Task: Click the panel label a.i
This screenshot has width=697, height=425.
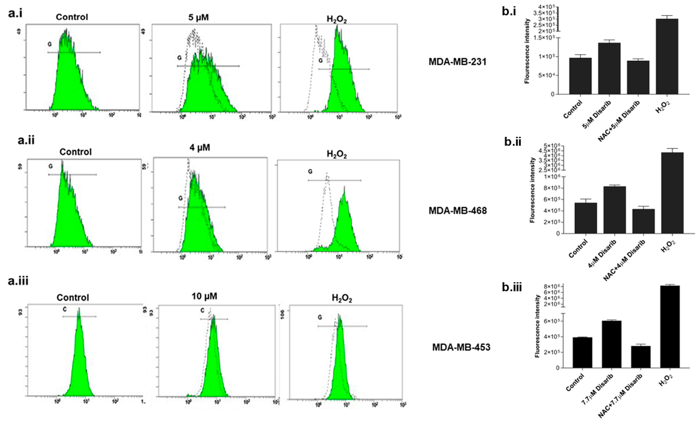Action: click(15, 13)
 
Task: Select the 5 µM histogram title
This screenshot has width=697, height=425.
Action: click(199, 18)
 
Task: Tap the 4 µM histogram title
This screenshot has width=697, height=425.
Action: click(200, 148)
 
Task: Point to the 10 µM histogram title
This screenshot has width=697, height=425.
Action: click(204, 296)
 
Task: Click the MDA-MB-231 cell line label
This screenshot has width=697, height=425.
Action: click(457, 62)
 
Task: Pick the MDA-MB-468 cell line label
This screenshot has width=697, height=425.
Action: click(457, 211)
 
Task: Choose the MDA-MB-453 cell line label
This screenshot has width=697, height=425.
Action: click(461, 347)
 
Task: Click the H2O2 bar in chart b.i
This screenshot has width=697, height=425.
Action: click(667, 56)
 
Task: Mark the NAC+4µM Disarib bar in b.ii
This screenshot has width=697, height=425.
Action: click(643, 221)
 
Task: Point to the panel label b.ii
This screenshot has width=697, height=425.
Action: click(513, 142)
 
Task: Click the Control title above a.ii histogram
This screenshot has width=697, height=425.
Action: click(75, 152)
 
